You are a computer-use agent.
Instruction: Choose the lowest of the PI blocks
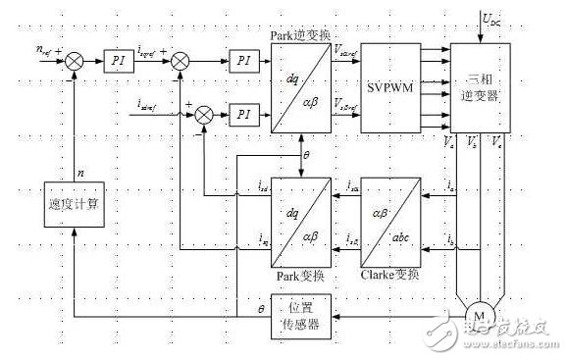coord(242,116)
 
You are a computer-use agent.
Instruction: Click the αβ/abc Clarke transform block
coord(390,215)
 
